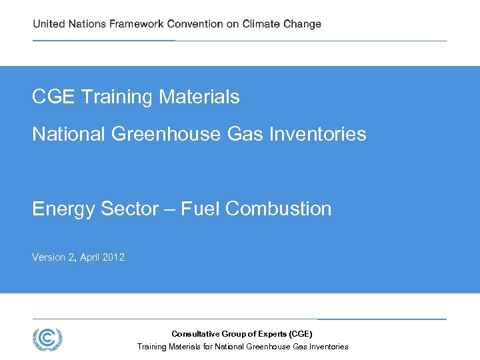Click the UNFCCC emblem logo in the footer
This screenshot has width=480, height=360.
[x=47, y=339]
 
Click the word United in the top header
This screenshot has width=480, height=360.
[x=49, y=24]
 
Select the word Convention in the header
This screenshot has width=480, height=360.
[x=195, y=24]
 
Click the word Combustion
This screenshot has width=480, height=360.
[x=279, y=209]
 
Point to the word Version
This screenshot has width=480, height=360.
[x=49, y=257]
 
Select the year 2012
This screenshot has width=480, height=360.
[x=113, y=257]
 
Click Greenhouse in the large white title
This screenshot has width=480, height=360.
[x=167, y=135]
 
